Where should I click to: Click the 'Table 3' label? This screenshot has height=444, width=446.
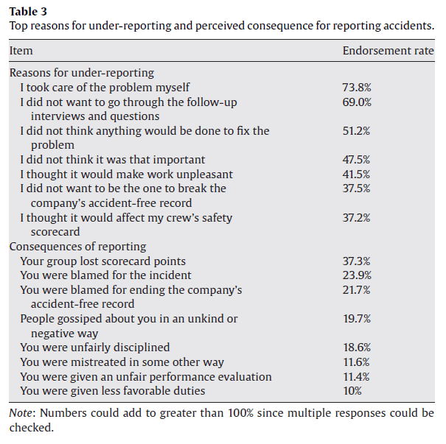click(28, 12)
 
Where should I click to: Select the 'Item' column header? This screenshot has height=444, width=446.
click(21, 51)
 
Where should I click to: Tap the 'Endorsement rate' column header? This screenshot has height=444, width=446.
click(388, 51)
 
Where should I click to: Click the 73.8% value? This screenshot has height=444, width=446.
click(356, 88)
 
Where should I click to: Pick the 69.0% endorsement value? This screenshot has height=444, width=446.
click(356, 102)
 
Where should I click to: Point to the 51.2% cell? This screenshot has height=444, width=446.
click(356, 131)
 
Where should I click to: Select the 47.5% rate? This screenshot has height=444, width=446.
click(356, 160)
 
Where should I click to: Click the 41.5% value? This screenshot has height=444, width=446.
click(356, 174)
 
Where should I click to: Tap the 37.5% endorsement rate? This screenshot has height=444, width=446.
click(356, 188)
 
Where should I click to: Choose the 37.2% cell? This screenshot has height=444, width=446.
click(356, 217)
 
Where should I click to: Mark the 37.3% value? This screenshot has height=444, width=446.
click(356, 261)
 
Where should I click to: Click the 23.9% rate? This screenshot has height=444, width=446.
click(356, 275)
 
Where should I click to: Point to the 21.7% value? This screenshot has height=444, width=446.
click(356, 289)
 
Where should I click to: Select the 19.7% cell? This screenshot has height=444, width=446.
click(356, 318)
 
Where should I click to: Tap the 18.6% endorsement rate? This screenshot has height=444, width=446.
click(356, 348)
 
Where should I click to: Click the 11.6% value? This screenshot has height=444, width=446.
click(356, 362)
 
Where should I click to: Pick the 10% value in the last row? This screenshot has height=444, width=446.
click(352, 390)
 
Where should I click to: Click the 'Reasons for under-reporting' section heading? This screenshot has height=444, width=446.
click(81, 73)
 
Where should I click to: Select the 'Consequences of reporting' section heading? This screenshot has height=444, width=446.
click(77, 247)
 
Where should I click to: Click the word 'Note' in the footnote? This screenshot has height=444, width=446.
click(21, 414)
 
